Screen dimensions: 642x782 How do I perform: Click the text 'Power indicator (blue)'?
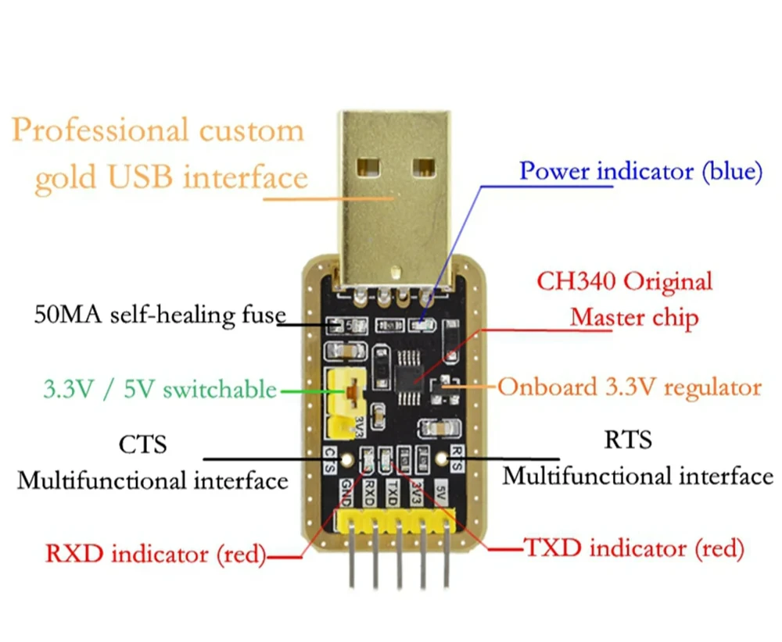pos(640,171)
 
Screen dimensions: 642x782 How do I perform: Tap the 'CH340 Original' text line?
pos(624,281)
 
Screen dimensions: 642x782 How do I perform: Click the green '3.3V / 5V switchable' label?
pos(160,388)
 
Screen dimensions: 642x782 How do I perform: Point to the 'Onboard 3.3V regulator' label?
pos(630,387)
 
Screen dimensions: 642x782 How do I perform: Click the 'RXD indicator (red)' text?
pos(155,555)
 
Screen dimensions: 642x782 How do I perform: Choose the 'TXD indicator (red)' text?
pos(633,548)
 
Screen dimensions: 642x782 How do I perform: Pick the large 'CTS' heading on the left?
pos(142,445)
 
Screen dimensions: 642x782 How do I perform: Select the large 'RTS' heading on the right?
pos(627,440)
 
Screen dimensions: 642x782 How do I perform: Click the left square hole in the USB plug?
pos(365,166)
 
